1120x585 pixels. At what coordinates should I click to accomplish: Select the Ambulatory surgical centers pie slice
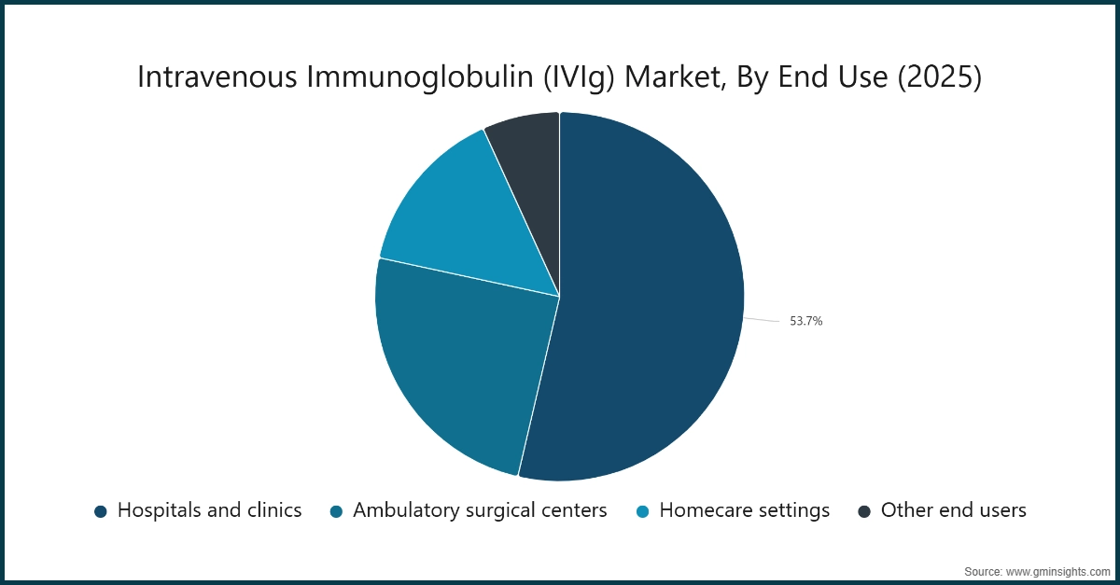click(x=457, y=364)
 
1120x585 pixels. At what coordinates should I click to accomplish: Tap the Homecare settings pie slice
click(x=467, y=224)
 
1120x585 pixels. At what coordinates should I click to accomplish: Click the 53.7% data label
click(x=805, y=321)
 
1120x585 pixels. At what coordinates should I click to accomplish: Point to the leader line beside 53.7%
click(x=761, y=319)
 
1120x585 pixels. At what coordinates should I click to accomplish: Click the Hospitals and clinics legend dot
click(x=101, y=511)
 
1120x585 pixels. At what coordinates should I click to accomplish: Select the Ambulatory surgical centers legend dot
click(x=337, y=511)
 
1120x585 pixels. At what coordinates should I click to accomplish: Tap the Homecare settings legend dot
click(x=643, y=511)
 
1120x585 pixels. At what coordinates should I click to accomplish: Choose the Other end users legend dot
click(x=864, y=511)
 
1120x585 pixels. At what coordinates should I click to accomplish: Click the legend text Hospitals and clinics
click(x=209, y=510)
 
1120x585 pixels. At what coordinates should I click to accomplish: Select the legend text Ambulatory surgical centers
click(x=480, y=510)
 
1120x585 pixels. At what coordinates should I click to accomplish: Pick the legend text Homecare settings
click(x=744, y=510)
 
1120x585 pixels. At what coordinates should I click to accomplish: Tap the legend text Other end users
click(x=953, y=510)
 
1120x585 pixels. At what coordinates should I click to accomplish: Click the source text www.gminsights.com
click(x=1056, y=571)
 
